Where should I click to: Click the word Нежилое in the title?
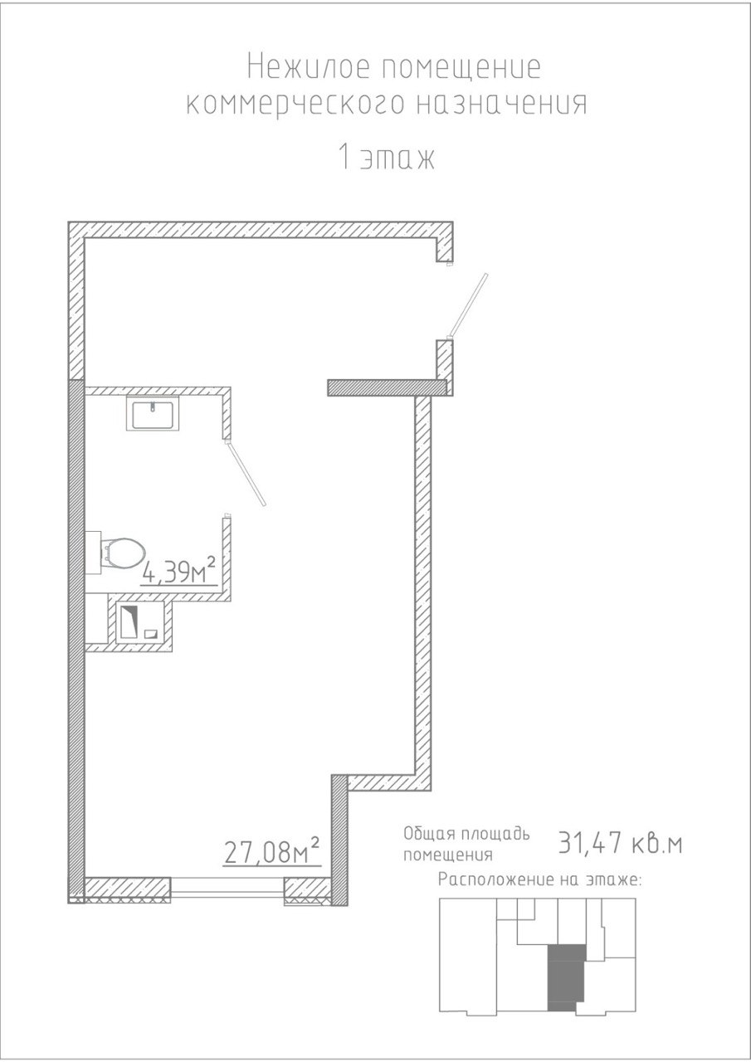pos(309,67)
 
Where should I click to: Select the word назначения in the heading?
pos(502,105)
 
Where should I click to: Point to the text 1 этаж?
pos(387,158)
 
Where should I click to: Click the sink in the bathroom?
pos(153,413)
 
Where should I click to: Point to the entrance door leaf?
pos(468,304)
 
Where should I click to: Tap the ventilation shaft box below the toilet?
pos(140,621)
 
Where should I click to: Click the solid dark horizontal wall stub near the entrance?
pos(388,387)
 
